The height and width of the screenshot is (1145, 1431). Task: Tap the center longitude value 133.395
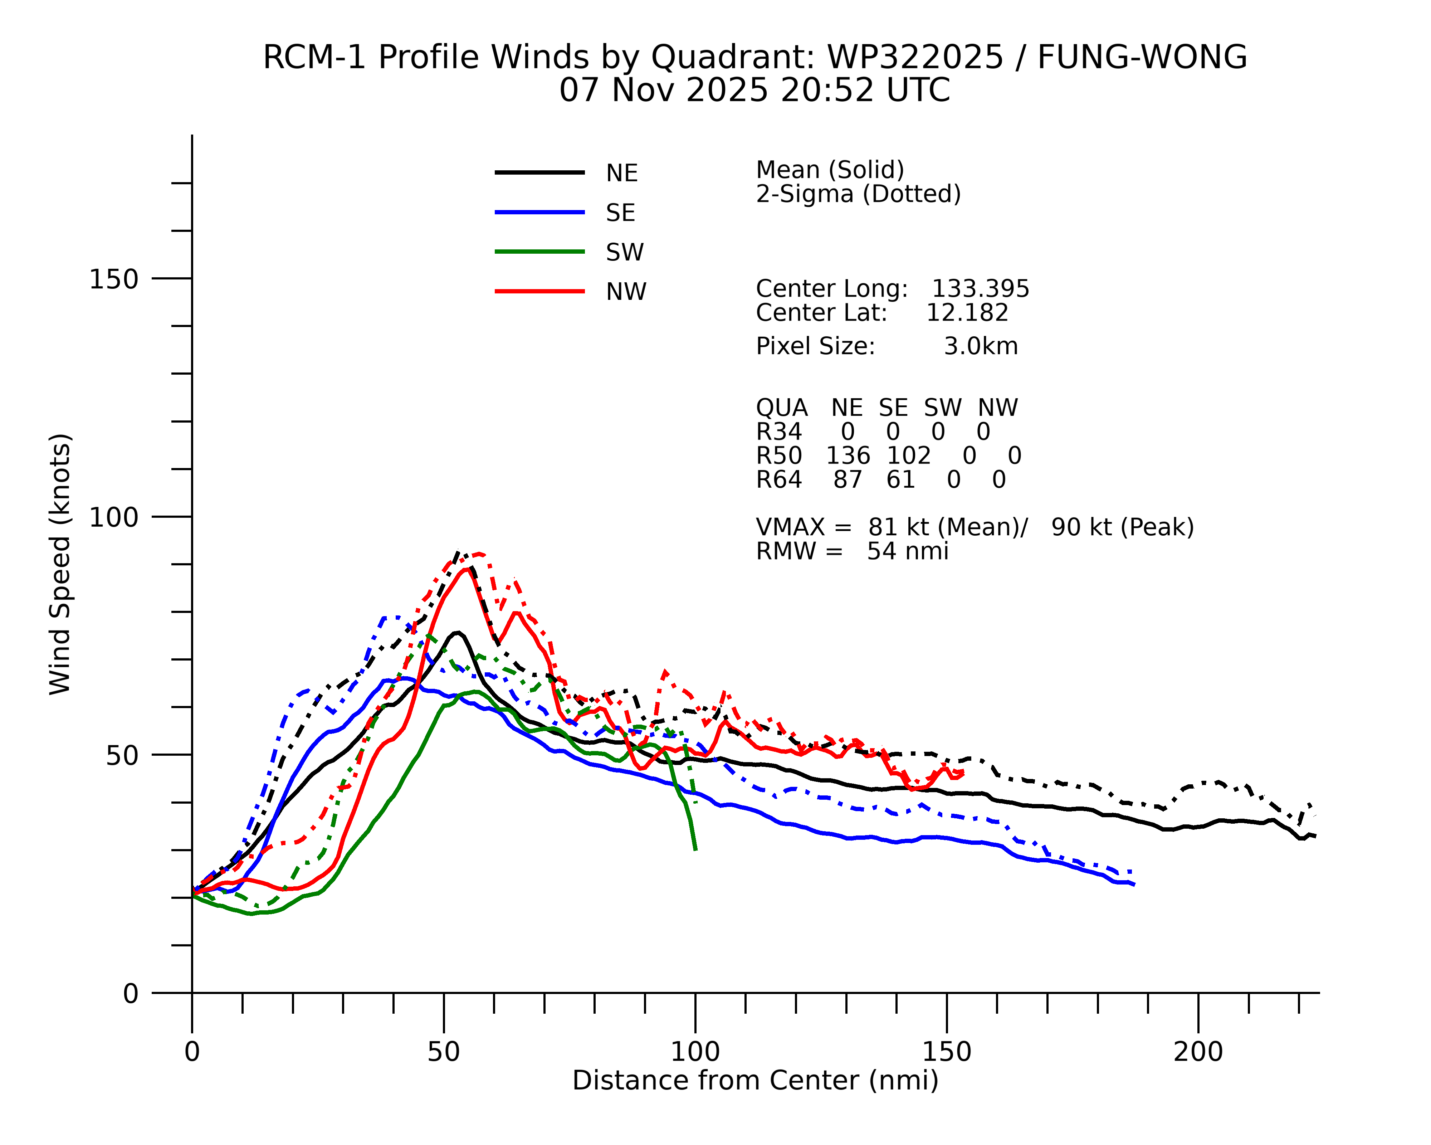coord(980,289)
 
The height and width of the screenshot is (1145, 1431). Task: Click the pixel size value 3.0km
coord(980,346)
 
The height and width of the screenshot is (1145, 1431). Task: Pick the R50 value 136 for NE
coord(848,456)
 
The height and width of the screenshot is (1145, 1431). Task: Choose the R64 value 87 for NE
coord(848,480)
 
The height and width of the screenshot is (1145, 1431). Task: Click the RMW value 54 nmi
coord(907,552)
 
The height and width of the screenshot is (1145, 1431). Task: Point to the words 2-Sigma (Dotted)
coord(858,195)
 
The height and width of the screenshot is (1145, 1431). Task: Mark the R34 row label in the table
coord(778,432)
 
